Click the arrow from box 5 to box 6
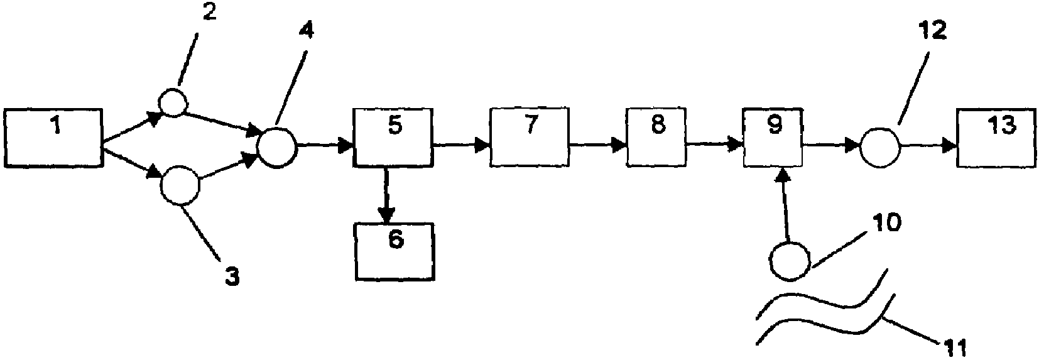click(x=386, y=194)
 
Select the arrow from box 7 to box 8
click(x=598, y=146)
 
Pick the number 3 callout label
click(x=232, y=278)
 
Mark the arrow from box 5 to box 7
click(x=462, y=146)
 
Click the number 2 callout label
click(x=209, y=13)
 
